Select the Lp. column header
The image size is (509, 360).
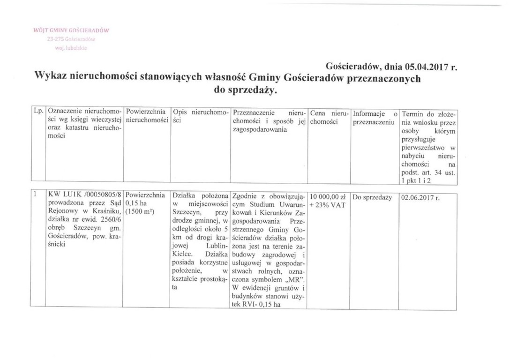pos(38,113)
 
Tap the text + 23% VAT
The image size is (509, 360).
pos(328,205)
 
